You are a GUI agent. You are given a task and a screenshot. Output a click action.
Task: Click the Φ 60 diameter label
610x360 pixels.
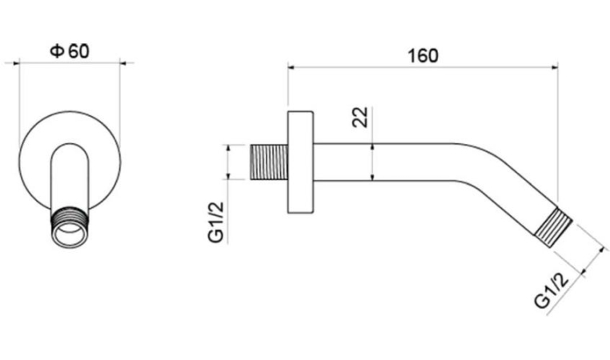click(70, 51)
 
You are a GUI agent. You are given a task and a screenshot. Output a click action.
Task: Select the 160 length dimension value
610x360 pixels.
click(423, 56)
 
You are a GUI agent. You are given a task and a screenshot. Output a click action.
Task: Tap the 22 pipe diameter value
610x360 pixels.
click(360, 117)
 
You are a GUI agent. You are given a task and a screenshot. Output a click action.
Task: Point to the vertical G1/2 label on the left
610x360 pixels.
click(216, 222)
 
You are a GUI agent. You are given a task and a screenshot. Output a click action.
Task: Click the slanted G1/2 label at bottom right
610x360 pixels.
click(552, 290)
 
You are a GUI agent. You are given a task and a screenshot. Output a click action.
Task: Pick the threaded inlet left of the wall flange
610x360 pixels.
click(268, 162)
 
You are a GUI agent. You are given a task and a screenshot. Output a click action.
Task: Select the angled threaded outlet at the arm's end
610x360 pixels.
click(553, 228)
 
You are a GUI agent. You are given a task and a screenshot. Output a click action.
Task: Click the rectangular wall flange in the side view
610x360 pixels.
click(300, 162)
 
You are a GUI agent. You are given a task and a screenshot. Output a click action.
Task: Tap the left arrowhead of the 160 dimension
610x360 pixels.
click(291, 68)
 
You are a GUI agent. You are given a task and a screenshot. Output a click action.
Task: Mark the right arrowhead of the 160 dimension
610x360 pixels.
click(555, 68)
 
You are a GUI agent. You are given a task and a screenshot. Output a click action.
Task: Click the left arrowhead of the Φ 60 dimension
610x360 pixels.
click(16, 62)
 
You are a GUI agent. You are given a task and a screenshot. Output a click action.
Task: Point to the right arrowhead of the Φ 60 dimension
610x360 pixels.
click(123, 62)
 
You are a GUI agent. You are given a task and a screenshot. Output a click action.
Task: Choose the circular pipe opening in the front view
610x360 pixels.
click(70, 235)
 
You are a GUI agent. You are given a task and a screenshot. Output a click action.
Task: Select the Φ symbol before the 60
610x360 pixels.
click(57, 51)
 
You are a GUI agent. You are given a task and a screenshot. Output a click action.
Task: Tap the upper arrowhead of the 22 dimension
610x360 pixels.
click(373, 146)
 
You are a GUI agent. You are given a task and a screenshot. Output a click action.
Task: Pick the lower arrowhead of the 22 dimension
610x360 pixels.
click(373, 178)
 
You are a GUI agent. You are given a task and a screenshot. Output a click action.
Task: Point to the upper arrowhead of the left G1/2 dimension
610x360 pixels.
click(228, 148)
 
